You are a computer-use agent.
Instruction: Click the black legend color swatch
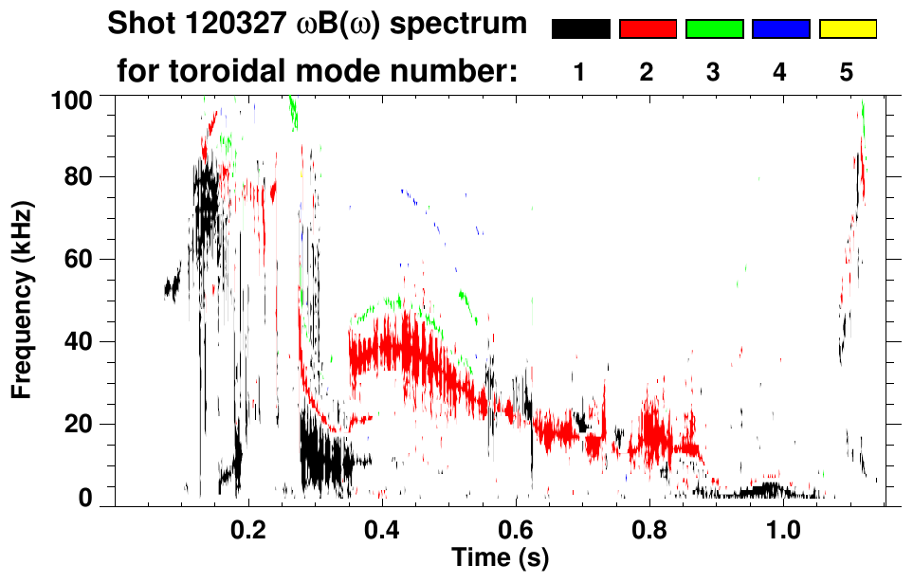tap(581, 29)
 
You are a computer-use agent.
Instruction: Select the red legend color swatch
tap(648, 29)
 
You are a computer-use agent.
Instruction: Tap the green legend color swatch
tap(714, 29)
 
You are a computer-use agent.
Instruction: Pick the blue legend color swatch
tap(780, 29)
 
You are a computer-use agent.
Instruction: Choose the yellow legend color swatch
tap(847, 29)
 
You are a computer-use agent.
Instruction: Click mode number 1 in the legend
tap(580, 73)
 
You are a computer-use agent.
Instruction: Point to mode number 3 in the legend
tap(714, 73)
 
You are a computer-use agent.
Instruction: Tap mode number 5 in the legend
tap(847, 73)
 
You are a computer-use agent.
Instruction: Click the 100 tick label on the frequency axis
tap(73, 99)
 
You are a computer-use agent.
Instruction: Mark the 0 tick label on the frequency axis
tap(85, 499)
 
